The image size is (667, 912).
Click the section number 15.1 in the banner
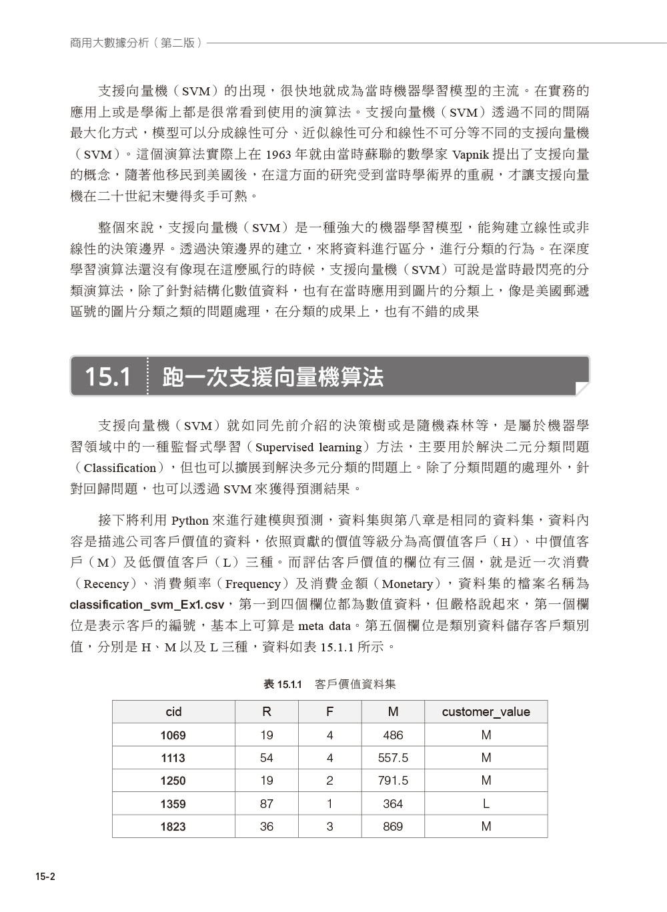107,377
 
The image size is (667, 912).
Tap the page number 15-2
45,877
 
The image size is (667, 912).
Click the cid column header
173,712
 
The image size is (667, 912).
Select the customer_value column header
486,712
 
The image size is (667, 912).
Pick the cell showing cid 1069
173,735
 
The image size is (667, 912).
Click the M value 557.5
393,758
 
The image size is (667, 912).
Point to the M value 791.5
393,781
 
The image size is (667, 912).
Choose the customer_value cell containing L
486,804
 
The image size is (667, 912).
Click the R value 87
267,804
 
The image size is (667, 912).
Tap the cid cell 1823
173,827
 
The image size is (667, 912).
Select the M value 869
393,827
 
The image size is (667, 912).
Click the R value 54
267,758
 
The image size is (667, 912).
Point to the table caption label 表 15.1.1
283,685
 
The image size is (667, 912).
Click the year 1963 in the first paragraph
278,155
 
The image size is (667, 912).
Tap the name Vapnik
470,155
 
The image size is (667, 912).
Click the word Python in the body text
190,521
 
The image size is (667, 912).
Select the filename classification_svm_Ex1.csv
147,605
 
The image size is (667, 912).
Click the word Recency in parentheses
106,585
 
